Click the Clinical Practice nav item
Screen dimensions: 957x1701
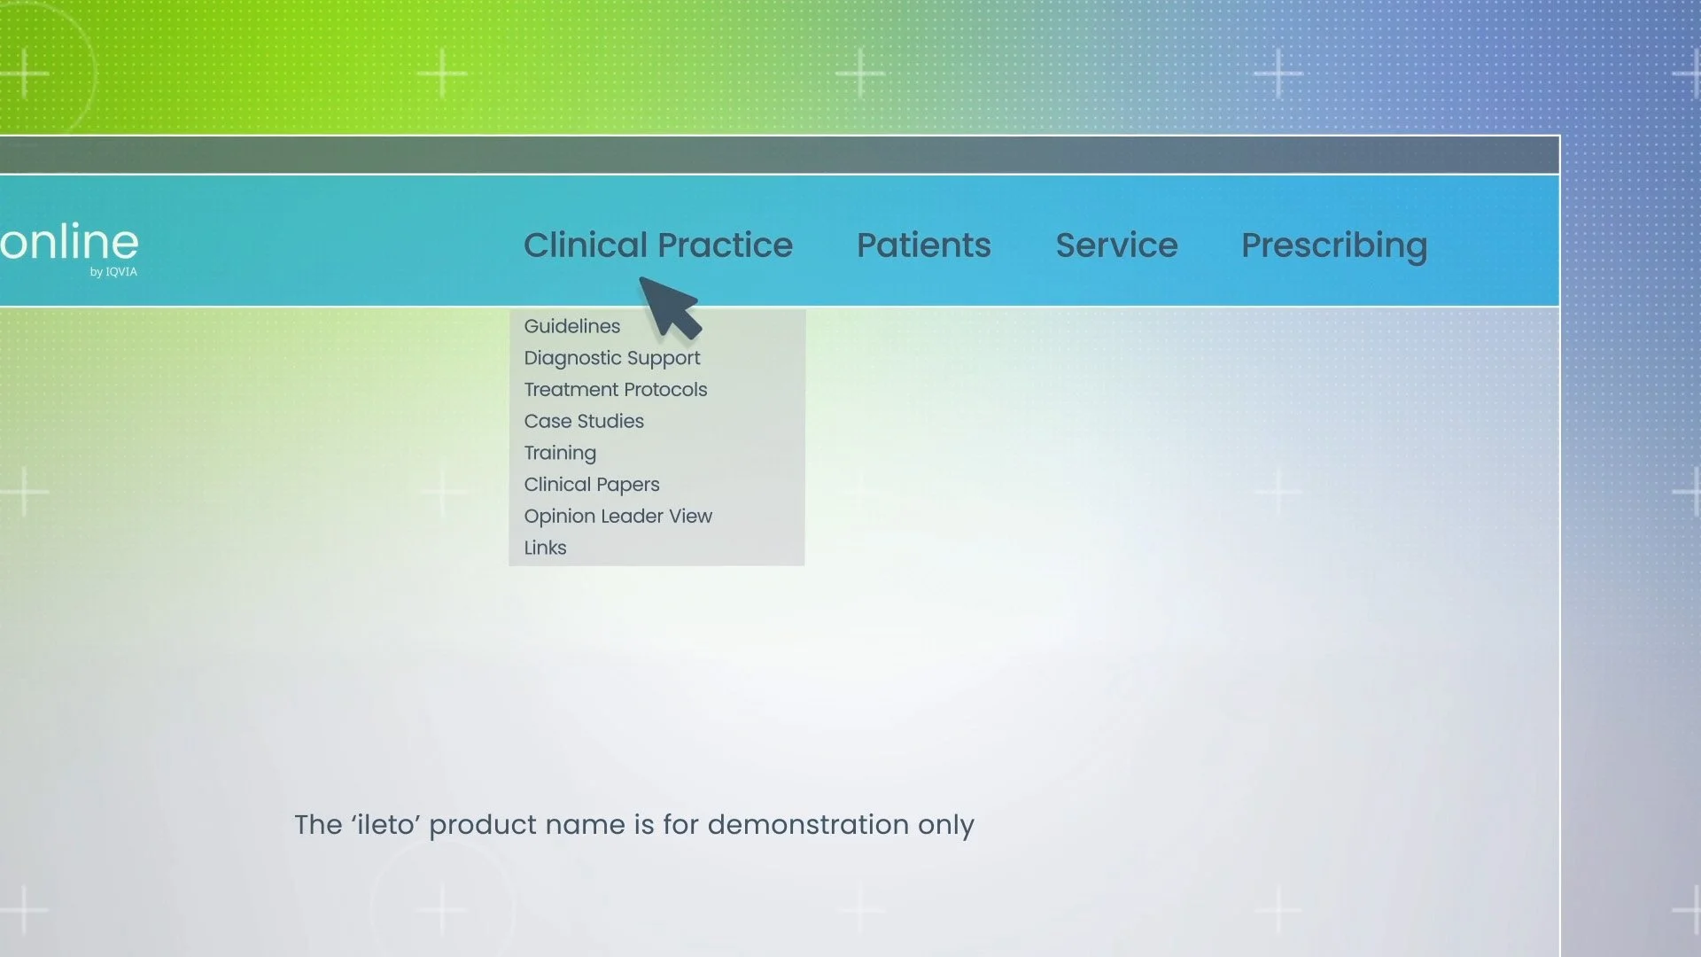click(657, 245)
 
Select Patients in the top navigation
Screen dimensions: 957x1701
click(923, 245)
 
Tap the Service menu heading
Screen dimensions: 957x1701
click(1116, 245)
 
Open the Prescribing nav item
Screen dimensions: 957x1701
click(1333, 245)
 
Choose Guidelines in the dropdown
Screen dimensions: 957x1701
click(571, 326)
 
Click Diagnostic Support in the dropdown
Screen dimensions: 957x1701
click(611, 358)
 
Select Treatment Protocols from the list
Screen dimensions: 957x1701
click(615, 390)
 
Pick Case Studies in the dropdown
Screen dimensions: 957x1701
click(583, 422)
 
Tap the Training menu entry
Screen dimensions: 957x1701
click(559, 453)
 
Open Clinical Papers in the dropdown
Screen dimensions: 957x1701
click(591, 485)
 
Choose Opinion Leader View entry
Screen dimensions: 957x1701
click(617, 517)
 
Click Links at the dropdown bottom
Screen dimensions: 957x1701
click(545, 549)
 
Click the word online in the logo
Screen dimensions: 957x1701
click(69, 242)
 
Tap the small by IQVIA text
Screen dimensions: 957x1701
click(113, 272)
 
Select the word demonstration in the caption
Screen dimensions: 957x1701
click(807, 825)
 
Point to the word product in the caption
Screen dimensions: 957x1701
click(483, 825)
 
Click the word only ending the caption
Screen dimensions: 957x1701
click(945, 825)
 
